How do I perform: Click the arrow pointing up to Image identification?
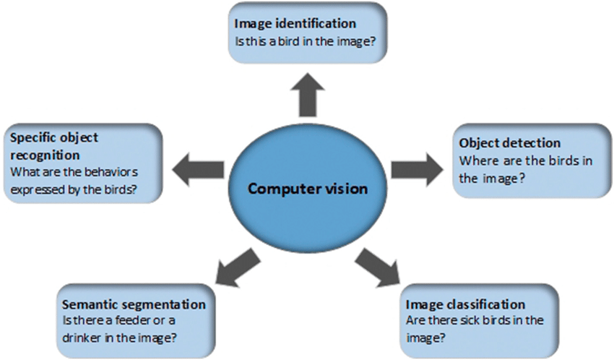click(x=307, y=94)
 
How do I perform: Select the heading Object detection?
click(x=510, y=142)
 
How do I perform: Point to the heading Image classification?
click(x=465, y=304)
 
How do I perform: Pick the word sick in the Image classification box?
click(x=469, y=321)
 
